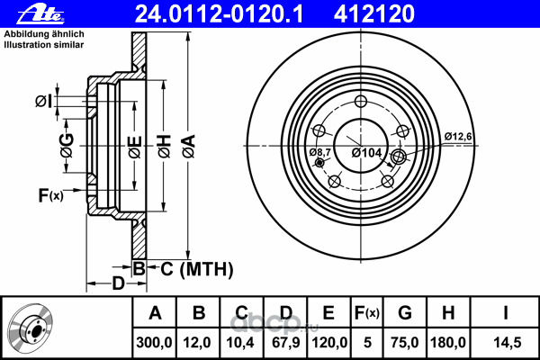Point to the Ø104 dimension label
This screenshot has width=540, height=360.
[x=367, y=153]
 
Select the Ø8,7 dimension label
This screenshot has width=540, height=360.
[x=321, y=153]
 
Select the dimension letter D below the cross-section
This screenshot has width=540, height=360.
[x=118, y=285]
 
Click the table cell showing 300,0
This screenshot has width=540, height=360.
[x=154, y=343]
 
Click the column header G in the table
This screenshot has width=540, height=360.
[x=405, y=314]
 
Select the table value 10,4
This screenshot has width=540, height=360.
[x=241, y=343]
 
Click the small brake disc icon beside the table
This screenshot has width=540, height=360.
[x=31, y=328]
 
